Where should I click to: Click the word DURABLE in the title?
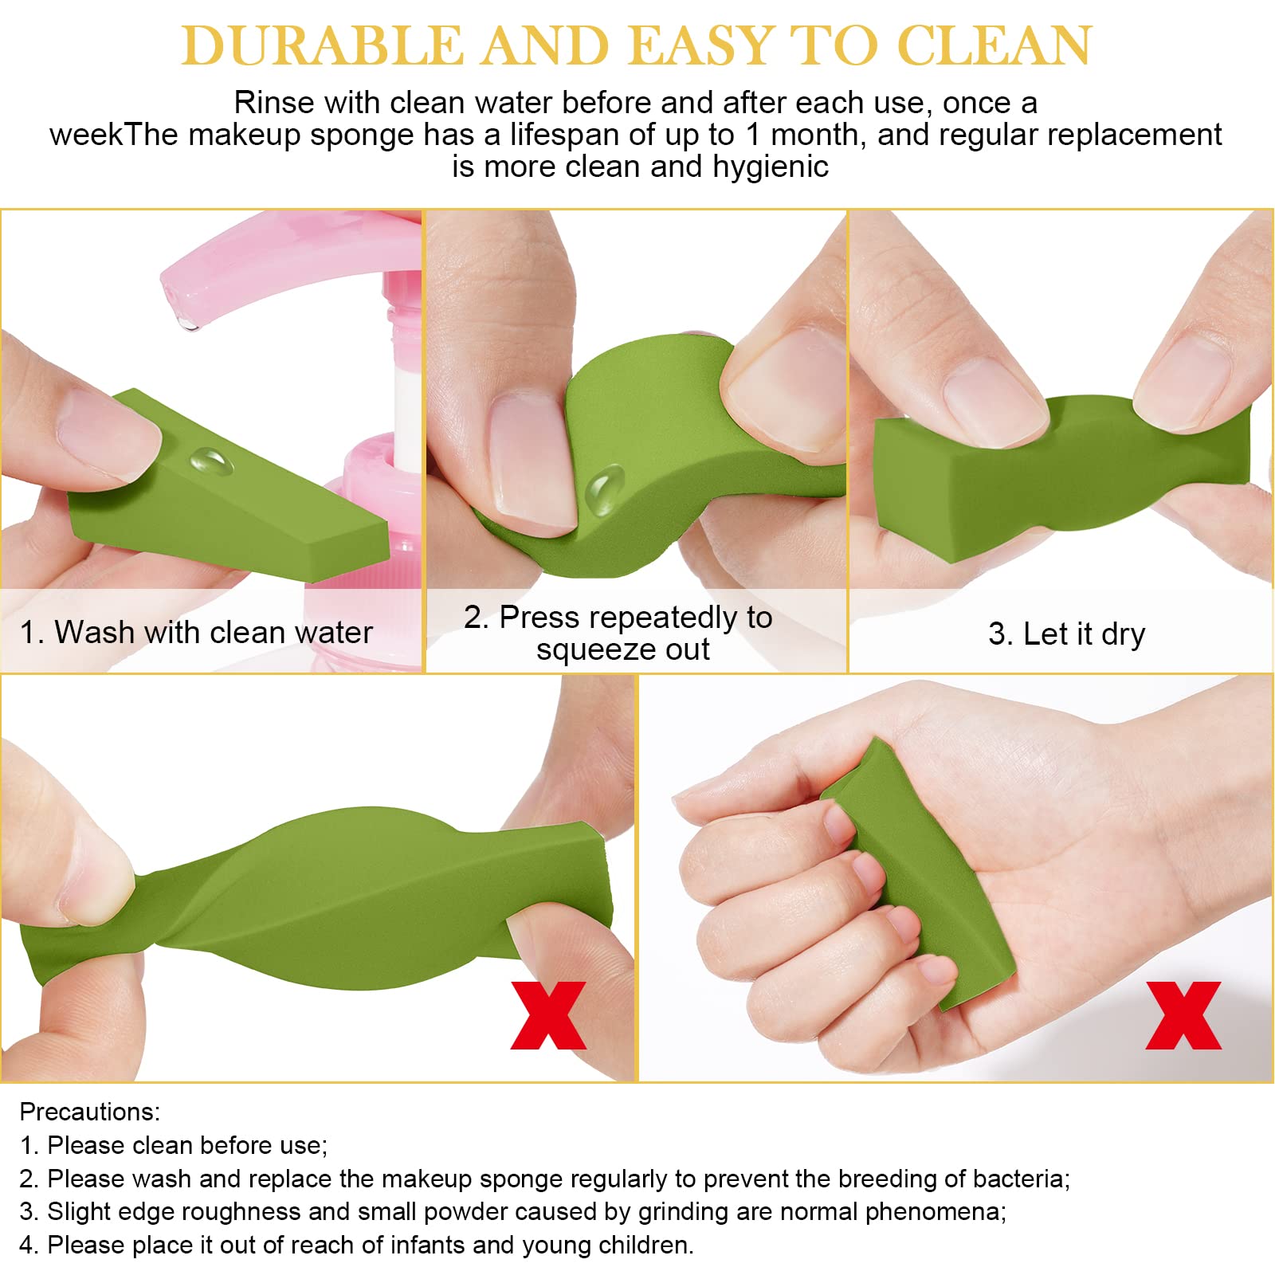322,46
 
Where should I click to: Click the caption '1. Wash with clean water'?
196,632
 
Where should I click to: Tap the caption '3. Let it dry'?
1066,634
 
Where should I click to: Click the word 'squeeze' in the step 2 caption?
589,650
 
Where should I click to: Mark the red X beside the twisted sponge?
548,1015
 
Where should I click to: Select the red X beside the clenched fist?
1183,1015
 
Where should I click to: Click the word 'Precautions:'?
90,1112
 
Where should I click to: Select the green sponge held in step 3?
1060,478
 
